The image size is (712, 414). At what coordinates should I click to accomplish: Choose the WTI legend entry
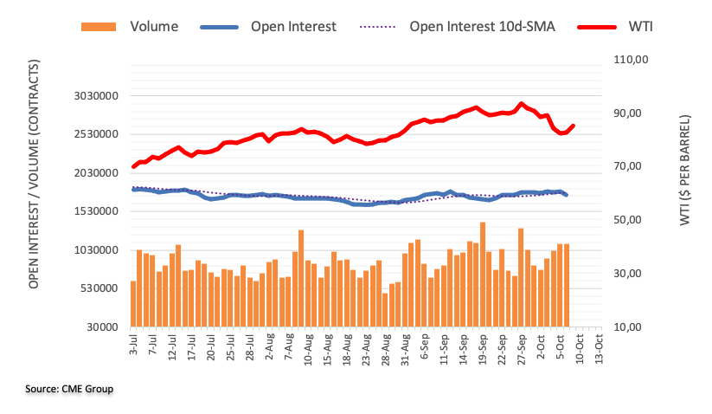click(640, 26)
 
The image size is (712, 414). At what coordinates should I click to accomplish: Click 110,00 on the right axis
click(630, 60)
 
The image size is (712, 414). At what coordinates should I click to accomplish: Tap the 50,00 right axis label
click(630, 220)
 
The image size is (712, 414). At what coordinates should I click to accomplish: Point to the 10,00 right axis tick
click(630, 327)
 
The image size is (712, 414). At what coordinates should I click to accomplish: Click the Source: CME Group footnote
click(69, 389)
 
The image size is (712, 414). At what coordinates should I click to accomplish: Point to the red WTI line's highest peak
click(521, 103)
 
